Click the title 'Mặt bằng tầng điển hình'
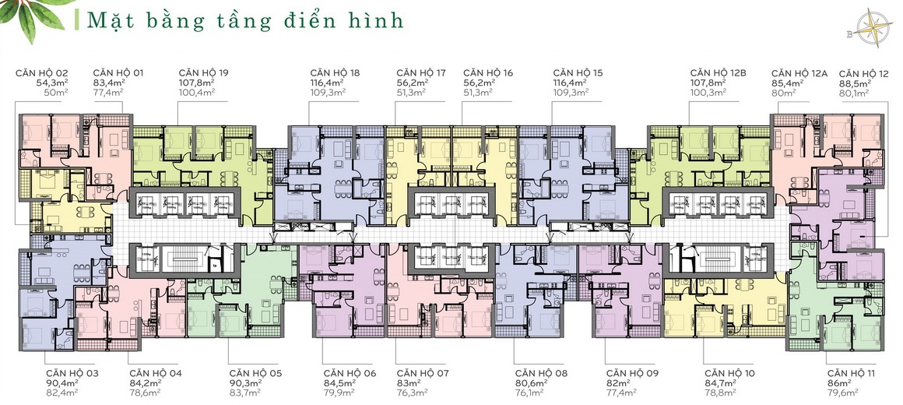(x=245, y=21)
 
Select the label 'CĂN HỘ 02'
(x=41, y=72)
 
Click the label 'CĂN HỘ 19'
(x=202, y=72)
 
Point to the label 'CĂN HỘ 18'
(x=334, y=72)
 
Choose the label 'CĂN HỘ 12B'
(x=718, y=72)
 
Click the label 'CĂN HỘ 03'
(x=72, y=373)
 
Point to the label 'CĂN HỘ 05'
(x=255, y=373)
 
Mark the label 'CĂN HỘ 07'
(x=423, y=373)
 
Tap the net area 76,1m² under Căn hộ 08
(x=529, y=393)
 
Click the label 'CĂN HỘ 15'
(x=578, y=72)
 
